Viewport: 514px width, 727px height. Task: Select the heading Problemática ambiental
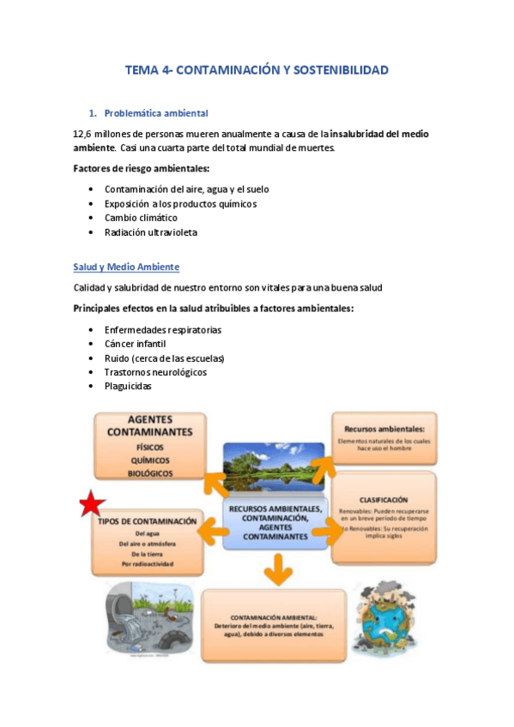tap(155, 112)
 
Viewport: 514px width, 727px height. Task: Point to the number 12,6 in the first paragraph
tap(83, 134)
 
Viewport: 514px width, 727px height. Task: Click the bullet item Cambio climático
tap(141, 218)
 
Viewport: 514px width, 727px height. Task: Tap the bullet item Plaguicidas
tap(128, 386)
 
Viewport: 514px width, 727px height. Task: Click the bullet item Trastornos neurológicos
tap(155, 372)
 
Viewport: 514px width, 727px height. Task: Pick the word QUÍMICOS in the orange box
tap(150, 460)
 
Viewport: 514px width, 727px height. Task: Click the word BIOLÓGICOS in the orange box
tap(150, 472)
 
